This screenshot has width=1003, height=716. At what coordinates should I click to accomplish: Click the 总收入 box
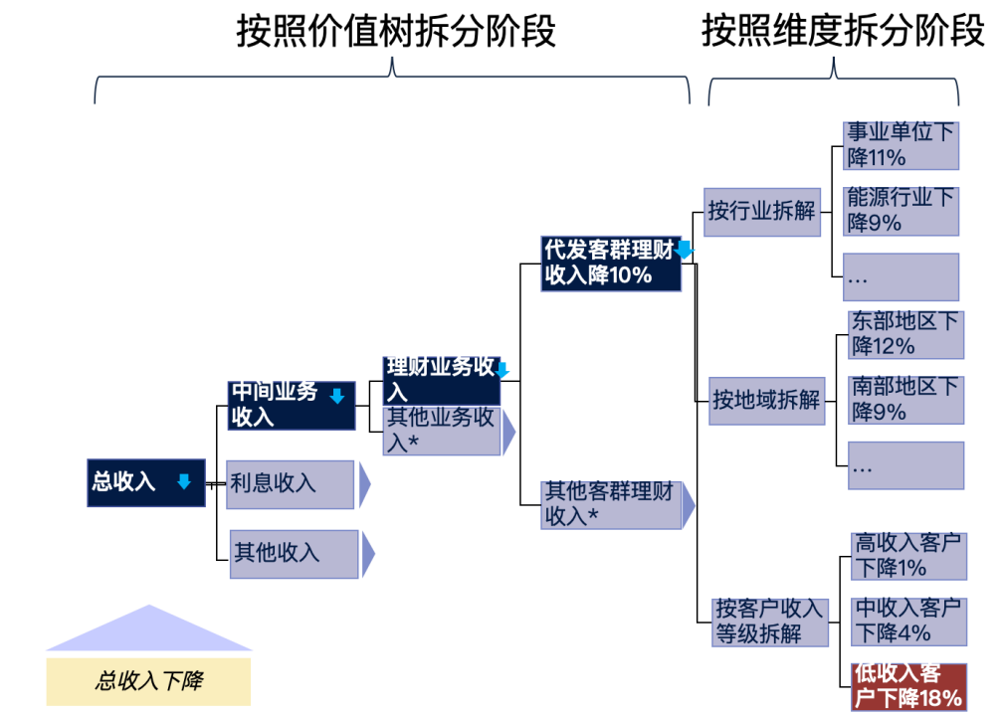(145, 483)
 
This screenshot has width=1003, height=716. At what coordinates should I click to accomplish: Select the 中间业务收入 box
(292, 405)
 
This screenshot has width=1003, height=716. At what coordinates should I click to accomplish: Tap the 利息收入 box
(291, 484)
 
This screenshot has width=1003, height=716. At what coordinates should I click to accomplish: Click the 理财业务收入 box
(442, 380)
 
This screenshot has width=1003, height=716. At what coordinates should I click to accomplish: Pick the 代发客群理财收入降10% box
(611, 263)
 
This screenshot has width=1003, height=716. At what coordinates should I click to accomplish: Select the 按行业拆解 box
(762, 211)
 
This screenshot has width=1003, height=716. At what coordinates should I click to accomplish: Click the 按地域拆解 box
(766, 400)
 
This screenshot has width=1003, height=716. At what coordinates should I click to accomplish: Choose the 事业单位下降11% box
(901, 145)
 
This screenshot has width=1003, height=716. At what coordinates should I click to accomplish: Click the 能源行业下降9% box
(901, 211)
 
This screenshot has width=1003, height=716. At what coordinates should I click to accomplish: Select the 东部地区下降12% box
(905, 334)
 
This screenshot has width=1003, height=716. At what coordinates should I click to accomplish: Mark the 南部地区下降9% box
(905, 399)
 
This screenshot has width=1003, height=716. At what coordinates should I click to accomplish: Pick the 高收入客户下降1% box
(908, 556)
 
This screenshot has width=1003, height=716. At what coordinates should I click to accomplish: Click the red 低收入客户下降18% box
(908, 686)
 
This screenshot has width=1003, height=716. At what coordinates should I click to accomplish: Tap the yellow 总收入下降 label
(148, 681)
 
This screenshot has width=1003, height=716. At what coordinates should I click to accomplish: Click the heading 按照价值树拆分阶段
(395, 32)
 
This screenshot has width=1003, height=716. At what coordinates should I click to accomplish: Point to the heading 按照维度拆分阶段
(842, 32)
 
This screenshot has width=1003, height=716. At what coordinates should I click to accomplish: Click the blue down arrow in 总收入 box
(183, 482)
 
